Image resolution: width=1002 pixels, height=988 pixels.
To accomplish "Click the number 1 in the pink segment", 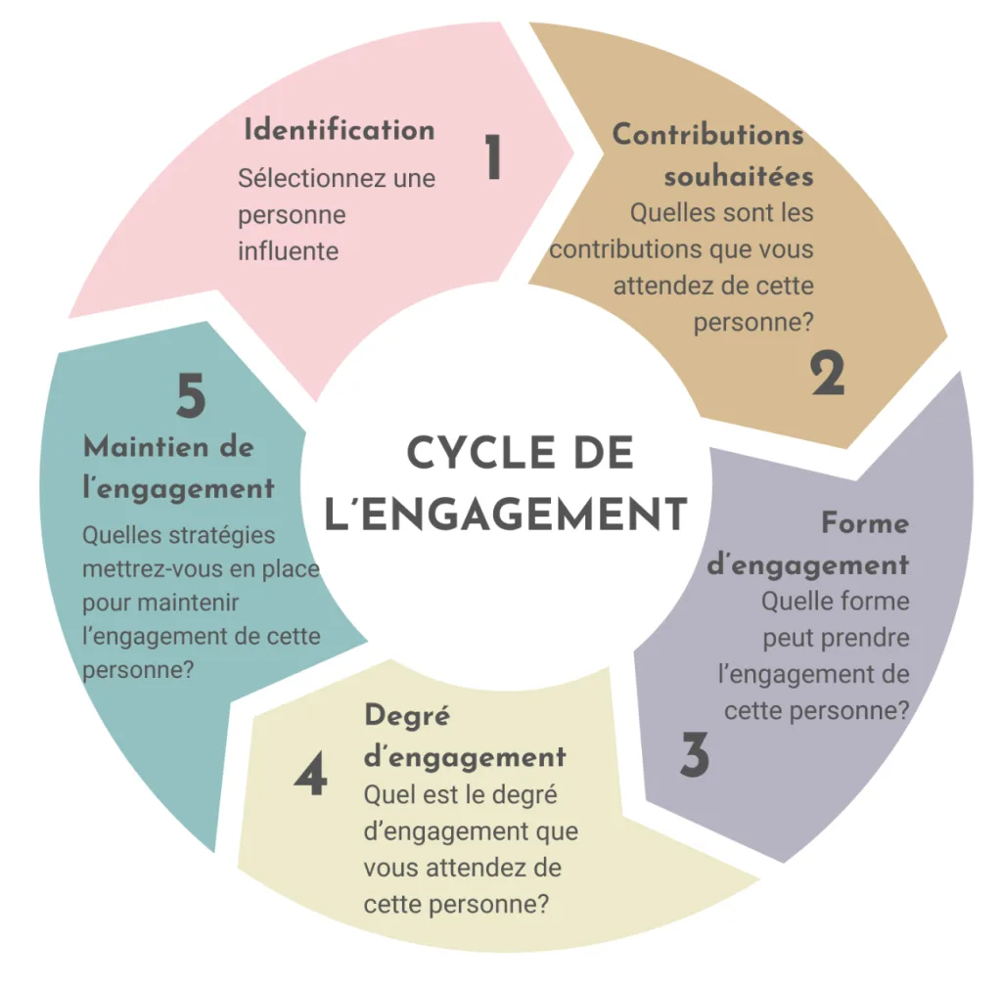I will [x=493, y=158].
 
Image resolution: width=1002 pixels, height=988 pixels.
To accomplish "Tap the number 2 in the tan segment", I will [x=827, y=375].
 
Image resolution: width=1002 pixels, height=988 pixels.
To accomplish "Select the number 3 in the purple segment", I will [x=694, y=755].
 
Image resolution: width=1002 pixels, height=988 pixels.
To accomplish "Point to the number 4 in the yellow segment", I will [x=310, y=778].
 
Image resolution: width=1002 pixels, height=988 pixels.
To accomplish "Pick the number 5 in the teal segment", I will [x=191, y=397].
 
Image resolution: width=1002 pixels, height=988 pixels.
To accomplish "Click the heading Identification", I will [x=339, y=130].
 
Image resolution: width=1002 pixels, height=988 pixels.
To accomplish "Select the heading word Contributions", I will [x=707, y=135].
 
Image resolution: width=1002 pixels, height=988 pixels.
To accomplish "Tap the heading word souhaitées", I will [x=738, y=177].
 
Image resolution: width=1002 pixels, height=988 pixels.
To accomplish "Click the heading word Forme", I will [x=865, y=523].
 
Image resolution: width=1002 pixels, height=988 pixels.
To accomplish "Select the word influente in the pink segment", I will [x=288, y=250].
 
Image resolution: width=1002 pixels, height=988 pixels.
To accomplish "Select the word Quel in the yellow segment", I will [x=385, y=795].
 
